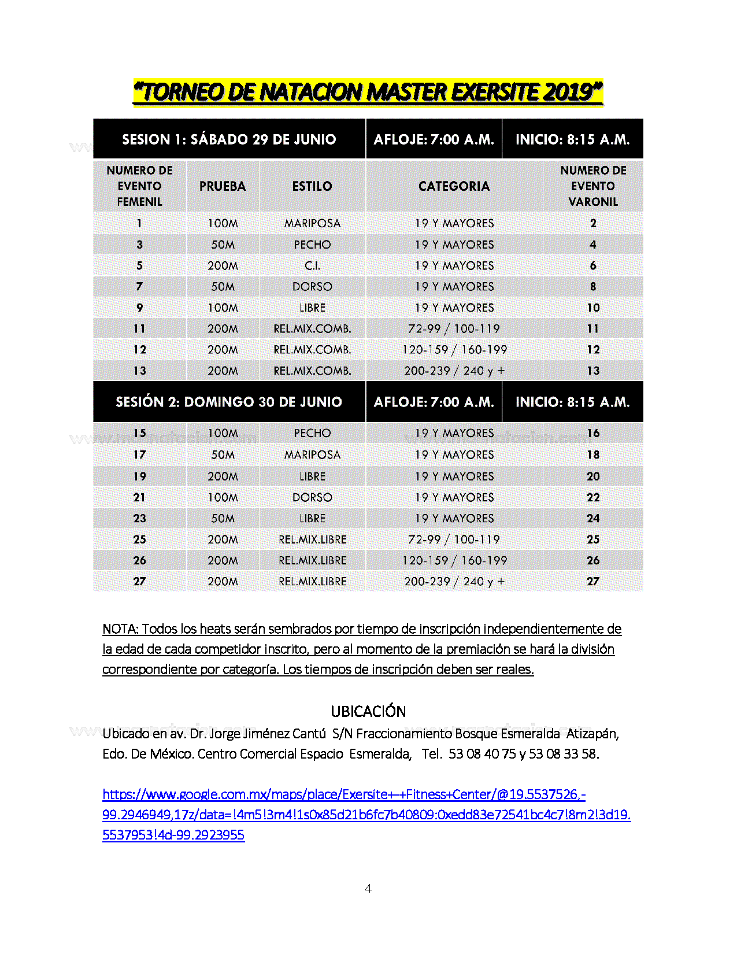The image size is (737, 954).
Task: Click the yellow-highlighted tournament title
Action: [368, 93]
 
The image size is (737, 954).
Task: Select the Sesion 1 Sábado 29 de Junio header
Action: [229, 139]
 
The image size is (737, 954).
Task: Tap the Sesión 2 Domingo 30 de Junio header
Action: [229, 402]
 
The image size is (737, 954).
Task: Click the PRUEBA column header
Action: [223, 186]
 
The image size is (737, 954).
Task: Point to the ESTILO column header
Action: [312, 186]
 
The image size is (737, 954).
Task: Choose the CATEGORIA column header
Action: [454, 186]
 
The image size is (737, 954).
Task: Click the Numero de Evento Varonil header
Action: [593, 186]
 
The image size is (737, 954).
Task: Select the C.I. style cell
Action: [312, 266]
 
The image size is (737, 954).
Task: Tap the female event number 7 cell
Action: [139, 287]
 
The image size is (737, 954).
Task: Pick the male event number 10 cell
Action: [593, 308]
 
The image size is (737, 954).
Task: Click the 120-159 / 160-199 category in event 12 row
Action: [454, 350]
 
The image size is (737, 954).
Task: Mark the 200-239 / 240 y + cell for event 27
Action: [454, 582]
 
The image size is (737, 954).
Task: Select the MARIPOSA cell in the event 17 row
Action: [312, 455]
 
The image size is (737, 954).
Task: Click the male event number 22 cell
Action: [593, 497]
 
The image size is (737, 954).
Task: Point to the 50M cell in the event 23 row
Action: [223, 519]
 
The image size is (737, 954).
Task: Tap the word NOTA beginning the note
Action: [120, 629]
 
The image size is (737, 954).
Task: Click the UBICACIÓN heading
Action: [368, 711]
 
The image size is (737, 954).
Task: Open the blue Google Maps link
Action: [343, 794]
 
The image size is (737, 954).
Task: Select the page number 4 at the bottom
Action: [368, 889]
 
